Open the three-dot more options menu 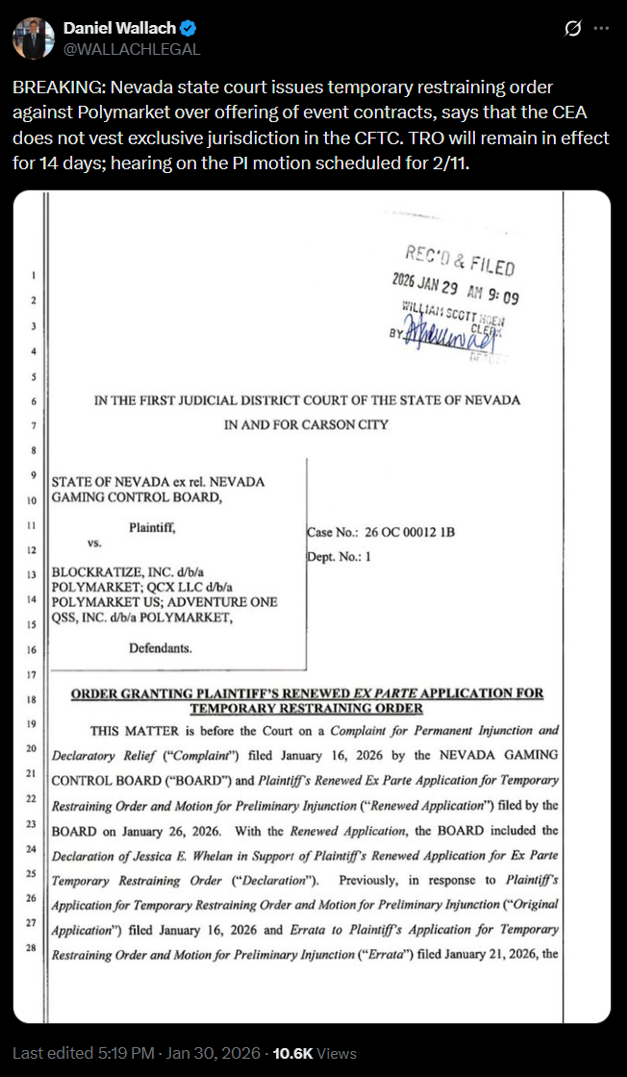(x=601, y=29)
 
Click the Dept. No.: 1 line (x=339, y=556)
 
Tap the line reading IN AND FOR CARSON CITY (x=307, y=424)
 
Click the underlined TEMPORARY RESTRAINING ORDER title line (x=306, y=709)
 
